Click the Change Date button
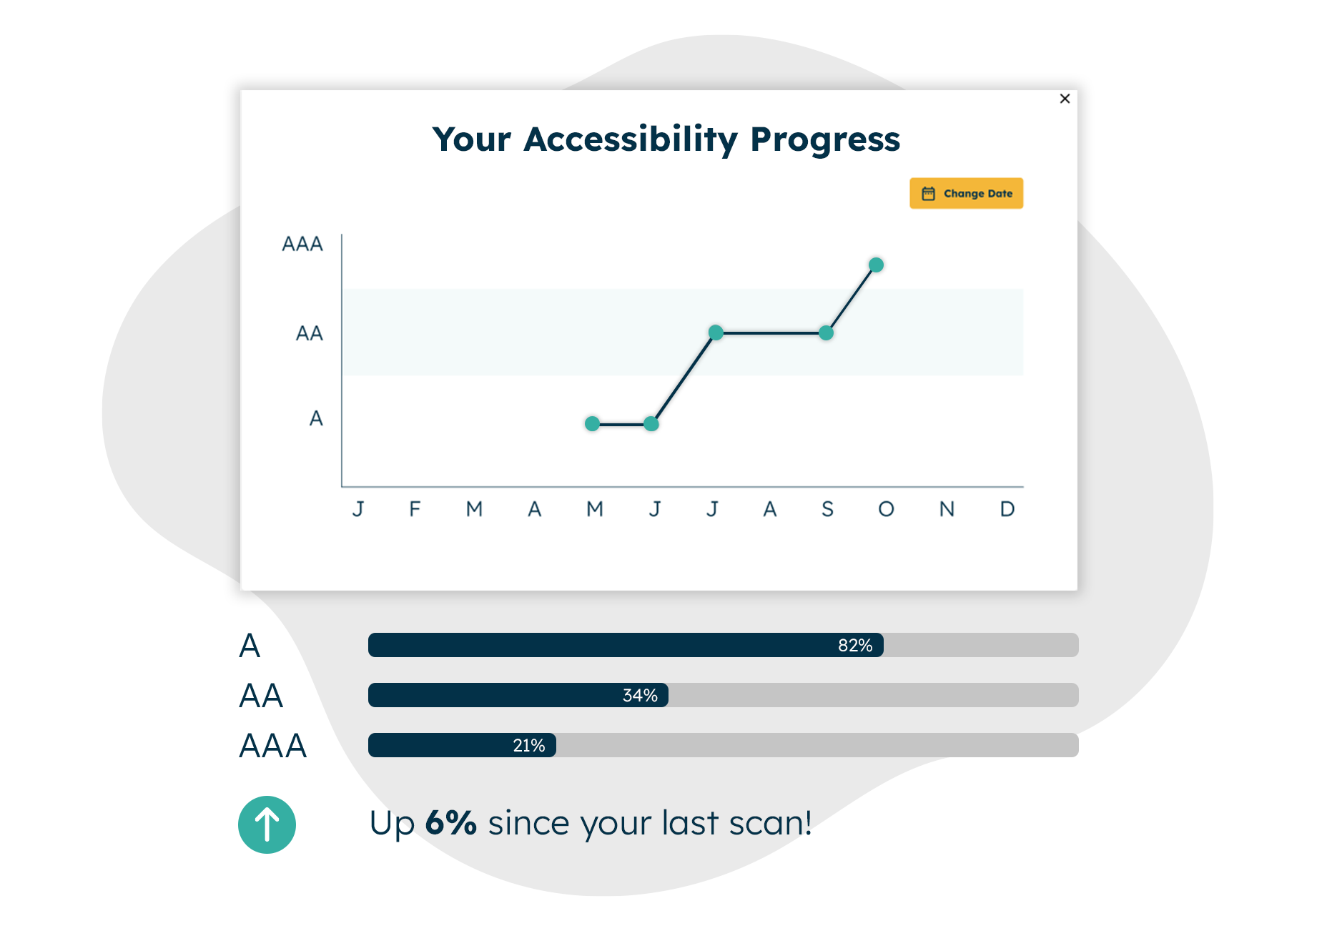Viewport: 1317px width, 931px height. pos(966,193)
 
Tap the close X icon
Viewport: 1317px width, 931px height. pos(1065,99)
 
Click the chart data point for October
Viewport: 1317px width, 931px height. pos(876,265)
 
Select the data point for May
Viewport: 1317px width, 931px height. pos(592,424)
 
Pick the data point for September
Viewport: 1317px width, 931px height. pos(826,333)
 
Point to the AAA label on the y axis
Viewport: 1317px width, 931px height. pos(302,245)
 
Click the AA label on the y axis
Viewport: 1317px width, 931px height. pos(310,333)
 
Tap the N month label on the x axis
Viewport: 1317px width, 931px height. pos(947,509)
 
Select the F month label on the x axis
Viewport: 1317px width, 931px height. pos(415,509)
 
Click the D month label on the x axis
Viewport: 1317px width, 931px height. pos(1007,509)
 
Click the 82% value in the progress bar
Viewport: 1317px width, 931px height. pos(855,646)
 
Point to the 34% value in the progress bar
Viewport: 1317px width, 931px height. pos(640,696)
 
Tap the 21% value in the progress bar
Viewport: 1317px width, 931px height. pos(529,746)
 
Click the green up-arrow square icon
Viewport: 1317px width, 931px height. pos(267,824)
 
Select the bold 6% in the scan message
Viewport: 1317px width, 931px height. pos(450,823)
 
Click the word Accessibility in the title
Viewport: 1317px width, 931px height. pos(631,139)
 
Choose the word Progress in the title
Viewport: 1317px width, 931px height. pos(825,139)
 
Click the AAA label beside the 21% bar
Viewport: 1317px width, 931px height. pos(272,746)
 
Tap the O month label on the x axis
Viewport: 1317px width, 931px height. pos(887,509)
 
